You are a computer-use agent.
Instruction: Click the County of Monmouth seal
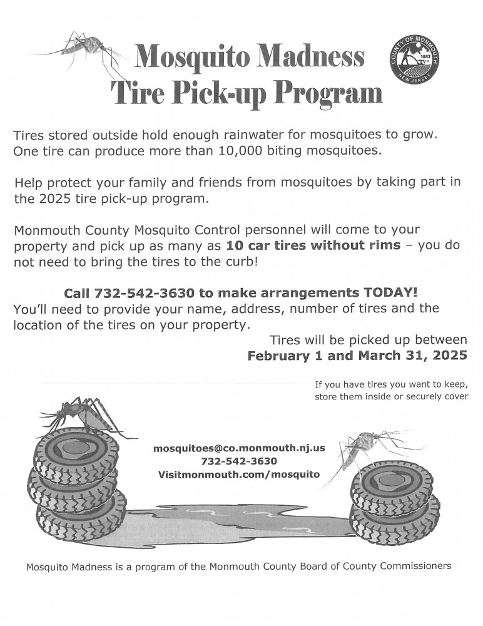click(x=414, y=60)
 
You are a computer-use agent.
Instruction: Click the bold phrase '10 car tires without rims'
click(x=313, y=245)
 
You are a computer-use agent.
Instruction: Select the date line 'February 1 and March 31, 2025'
click(x=357, y=356)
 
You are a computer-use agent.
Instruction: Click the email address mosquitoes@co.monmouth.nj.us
click(x=239, y=448)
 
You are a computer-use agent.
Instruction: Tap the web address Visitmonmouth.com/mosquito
click(x=239, y=475)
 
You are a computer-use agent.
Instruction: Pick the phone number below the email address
click(x=239, y=461)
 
